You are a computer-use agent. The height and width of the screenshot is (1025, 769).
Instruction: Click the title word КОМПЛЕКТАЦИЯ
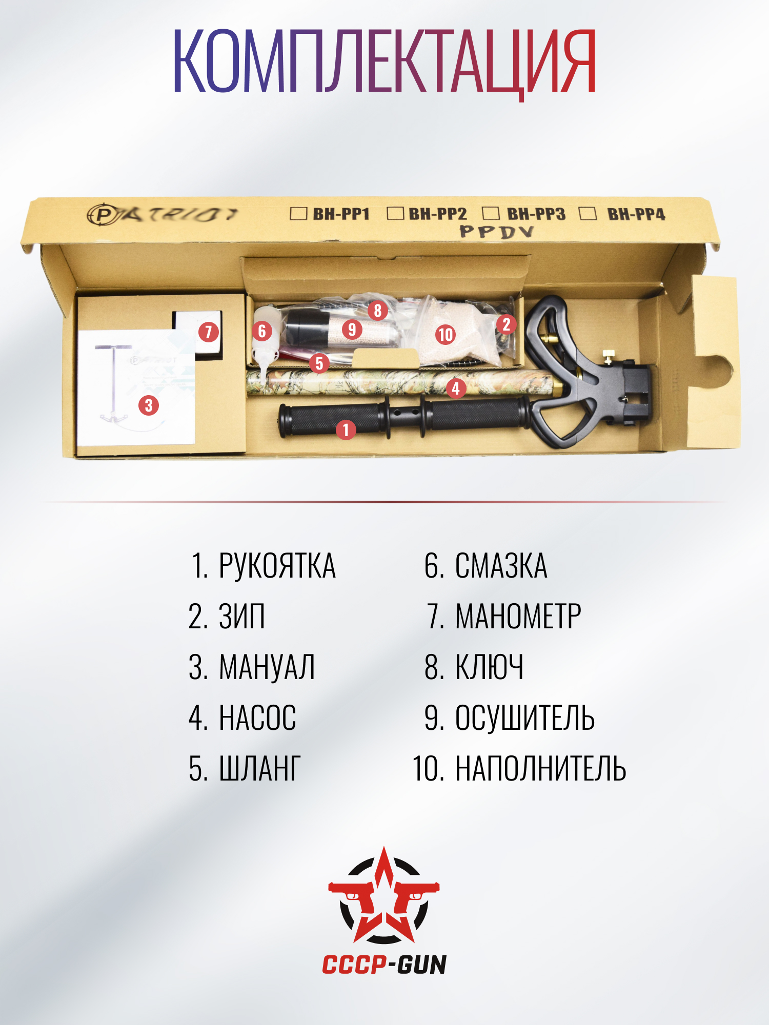point(385,61)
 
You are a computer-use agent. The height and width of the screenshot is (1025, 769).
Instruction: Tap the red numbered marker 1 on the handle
point(346,429)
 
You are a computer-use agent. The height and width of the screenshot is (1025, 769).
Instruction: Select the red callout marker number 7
point(209,332)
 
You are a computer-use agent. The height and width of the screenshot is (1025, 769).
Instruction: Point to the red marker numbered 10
point(446,335)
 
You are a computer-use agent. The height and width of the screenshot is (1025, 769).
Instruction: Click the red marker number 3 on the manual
point(149,405)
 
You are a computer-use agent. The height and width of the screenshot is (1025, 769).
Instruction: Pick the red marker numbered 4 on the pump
point(456,388)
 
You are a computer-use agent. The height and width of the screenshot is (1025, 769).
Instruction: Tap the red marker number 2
point(506,324)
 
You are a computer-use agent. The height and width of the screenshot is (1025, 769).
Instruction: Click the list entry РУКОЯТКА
point(277,566)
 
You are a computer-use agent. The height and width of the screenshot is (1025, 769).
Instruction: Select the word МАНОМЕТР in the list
point(518,617)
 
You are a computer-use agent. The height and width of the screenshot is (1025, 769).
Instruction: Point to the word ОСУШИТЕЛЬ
point(525,718)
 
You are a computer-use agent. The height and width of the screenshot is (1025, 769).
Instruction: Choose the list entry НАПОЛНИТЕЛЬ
point(541,769)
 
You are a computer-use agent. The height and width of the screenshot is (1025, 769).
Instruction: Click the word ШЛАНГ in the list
point(260,769)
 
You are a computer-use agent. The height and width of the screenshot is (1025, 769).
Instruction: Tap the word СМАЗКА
point(501,566)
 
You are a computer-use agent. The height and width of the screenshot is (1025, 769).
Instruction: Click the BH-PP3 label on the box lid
point(536,214)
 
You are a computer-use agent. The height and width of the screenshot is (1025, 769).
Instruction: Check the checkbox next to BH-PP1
point(298,213)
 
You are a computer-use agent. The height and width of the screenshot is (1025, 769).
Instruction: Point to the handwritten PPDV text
point(497,232)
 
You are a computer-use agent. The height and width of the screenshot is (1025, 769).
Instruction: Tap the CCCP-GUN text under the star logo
point(385,965)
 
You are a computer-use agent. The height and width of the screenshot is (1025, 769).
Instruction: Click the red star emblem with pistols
point(384,895)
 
